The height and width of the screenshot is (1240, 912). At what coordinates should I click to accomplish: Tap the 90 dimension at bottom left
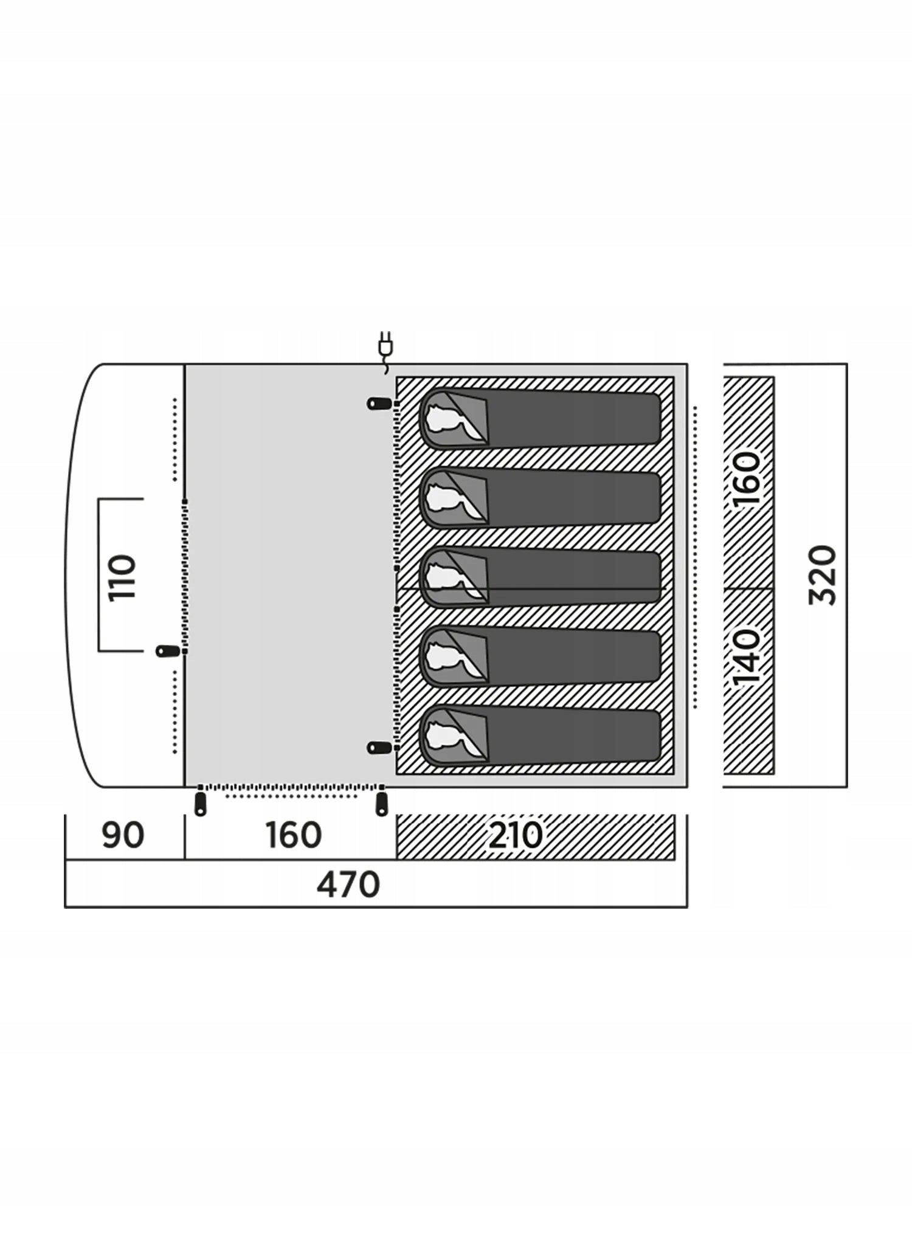coord(123,835)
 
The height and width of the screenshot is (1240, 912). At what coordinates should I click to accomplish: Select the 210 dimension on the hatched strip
coord(515,835)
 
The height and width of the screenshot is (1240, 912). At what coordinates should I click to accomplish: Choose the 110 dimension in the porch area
coord(121,577)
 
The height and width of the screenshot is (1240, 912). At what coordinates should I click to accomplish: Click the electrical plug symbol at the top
coord(385,351)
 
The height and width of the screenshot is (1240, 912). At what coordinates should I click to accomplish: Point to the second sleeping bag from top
coord(541,498)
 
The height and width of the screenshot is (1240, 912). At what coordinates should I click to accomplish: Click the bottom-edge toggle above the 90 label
coord(199,801)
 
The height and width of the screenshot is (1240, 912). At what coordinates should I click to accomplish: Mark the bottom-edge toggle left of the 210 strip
coord(381,801)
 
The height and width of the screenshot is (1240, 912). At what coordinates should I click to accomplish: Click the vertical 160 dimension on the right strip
coord(746,478)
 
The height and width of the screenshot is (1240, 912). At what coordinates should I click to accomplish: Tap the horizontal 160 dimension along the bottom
coord(293,835)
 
